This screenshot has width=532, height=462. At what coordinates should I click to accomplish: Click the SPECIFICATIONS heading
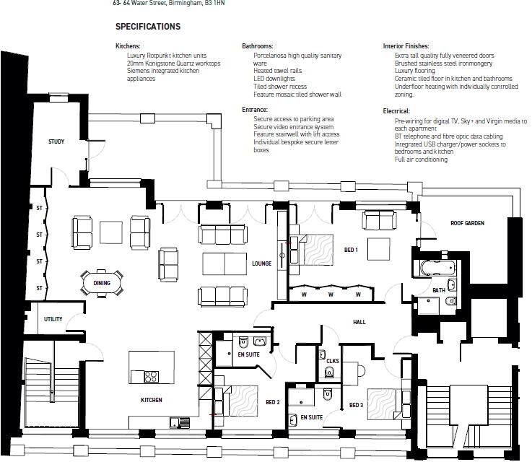(148, 27)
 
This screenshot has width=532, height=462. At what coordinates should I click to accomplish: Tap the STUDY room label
(56, 141)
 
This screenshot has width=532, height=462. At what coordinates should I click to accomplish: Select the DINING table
(102, 283)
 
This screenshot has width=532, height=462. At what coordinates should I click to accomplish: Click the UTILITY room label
(53, 319)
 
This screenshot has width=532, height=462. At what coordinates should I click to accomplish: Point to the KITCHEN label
(152, 400)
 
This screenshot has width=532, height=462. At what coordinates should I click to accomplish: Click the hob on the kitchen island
(152, 377)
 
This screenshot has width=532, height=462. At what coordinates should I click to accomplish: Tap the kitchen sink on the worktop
(180, 422)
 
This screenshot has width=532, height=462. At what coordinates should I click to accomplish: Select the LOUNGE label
(261, 263)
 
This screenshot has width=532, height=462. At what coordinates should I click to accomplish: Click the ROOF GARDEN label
(467, 223)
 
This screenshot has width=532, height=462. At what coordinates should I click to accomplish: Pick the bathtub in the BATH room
(438, 269)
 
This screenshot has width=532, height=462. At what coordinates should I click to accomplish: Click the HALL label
(359, 322)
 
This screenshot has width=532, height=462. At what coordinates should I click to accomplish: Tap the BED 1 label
(351, 250)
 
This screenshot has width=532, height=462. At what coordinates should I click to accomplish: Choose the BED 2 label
(273, 402)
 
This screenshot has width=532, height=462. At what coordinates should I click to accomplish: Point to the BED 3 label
(357, 405)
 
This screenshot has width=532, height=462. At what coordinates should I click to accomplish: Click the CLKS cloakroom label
(333, 361)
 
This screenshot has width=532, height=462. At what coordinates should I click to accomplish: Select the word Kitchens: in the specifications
(128, 45)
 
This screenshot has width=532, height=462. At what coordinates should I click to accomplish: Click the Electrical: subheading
(396, 111)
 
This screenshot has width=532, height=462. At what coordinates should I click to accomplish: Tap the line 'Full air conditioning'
(421, 160)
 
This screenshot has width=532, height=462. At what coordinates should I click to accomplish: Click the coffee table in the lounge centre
(224, 263)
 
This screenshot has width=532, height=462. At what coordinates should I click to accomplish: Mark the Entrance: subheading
(255, 110)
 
